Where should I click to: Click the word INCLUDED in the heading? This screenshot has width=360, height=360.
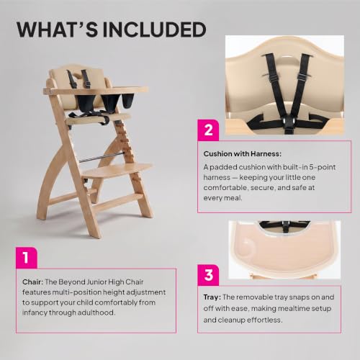click(154, 30)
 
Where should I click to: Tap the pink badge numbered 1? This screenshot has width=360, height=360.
click(27, 258)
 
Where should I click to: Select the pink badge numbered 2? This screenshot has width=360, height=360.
click(208, 130)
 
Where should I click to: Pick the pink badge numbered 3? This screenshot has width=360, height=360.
click(208, 275)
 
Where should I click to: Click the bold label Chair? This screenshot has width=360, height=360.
click(32, 282)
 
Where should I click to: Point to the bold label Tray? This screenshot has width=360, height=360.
click(212, 297)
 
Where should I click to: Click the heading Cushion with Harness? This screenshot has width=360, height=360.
click(243, 154)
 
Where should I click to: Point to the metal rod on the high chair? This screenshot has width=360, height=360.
click(102, 158)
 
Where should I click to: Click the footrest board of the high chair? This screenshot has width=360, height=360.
click(117, 171)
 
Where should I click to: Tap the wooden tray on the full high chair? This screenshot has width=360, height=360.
click(96, 90)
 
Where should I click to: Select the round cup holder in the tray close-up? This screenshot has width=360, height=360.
click(246, 244)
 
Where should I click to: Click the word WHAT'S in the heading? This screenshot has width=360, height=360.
click(57, 30)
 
